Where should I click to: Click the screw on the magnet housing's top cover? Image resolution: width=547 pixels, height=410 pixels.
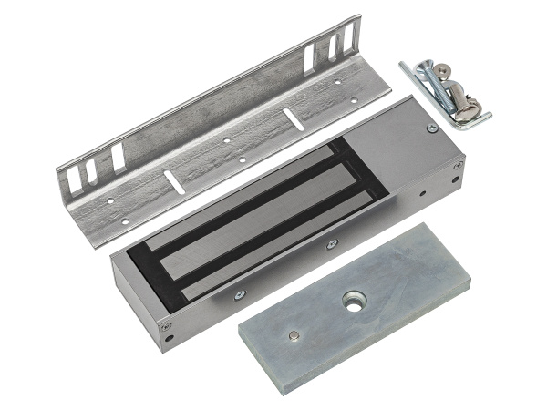pos(430,129)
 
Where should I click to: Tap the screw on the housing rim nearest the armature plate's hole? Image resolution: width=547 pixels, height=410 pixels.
pos(333,243)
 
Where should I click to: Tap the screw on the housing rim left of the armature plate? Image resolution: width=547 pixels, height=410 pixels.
pos(239,293)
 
